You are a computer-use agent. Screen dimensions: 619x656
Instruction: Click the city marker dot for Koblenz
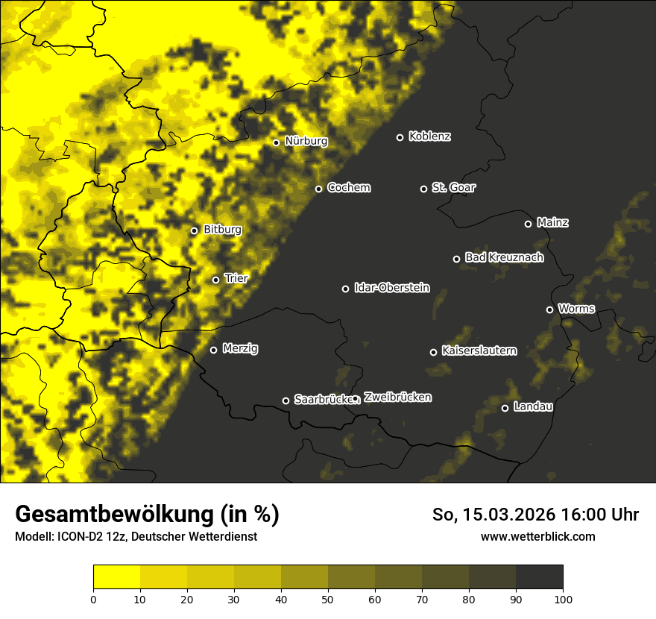(400, 137)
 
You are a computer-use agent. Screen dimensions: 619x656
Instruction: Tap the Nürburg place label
(306, 141)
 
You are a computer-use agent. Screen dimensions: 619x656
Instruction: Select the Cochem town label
(348, 187)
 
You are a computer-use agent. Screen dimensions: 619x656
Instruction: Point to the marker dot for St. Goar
(423, 189)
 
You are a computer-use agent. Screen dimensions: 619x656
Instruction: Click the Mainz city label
(552, 222)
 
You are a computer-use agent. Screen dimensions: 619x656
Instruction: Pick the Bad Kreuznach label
(504, 257)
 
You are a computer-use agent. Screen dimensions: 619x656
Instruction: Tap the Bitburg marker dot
(194, 230)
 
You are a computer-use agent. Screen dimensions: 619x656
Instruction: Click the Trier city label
(236, 278)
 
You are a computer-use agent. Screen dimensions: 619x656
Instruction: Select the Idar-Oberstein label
(391, 287)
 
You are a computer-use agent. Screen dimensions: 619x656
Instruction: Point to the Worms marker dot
(549, 309)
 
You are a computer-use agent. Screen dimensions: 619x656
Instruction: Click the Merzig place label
(240, 348)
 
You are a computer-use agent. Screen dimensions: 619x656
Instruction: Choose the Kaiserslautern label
(479, 351)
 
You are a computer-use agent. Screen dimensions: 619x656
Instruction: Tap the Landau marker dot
(505, 408)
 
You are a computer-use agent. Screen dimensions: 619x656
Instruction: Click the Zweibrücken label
(397, 398)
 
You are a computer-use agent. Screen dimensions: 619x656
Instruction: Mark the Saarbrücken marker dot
(286, 400)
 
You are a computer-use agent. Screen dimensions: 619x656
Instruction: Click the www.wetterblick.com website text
(537, 536)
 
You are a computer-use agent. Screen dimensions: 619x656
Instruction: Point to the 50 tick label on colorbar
(328, 599)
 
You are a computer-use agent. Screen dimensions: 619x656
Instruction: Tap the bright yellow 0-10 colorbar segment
(116, 577)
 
